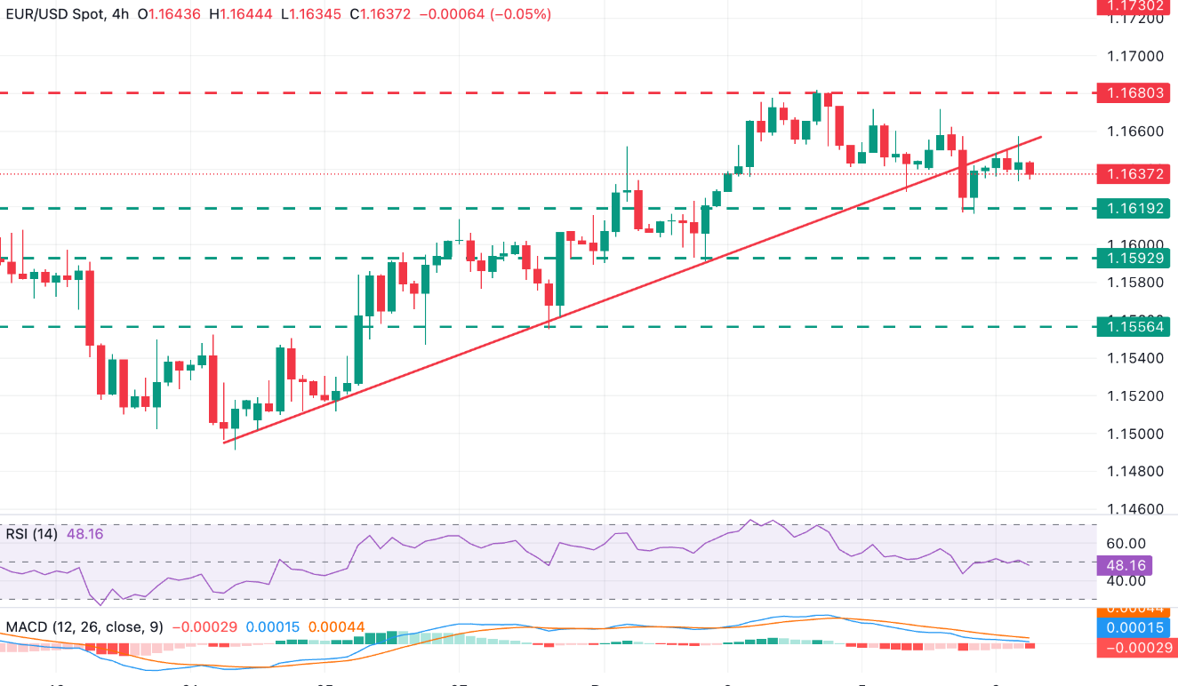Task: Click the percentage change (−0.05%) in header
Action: tap(525, 15)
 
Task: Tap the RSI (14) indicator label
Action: tap(31, 534)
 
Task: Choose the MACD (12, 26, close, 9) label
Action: tap(84, 627)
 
